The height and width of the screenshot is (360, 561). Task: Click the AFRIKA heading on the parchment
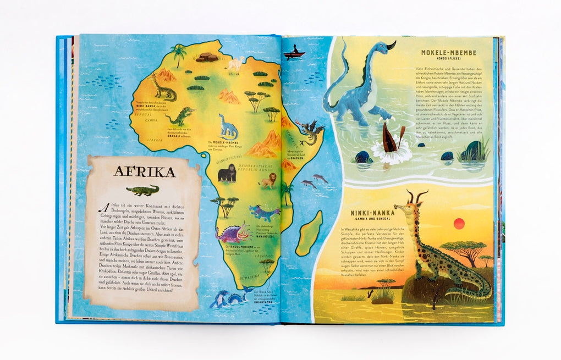[x=144, y=171]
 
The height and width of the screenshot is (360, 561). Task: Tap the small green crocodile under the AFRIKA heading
[x=142, y=190]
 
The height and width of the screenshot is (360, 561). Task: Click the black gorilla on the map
[x=227, y=174]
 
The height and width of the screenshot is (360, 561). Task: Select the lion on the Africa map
[x=268, y=180]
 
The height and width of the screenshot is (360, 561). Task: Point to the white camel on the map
[x=235, y=65]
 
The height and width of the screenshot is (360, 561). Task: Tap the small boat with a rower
[x=295, y=53]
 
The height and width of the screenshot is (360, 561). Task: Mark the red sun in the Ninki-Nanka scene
[x=459, y=223]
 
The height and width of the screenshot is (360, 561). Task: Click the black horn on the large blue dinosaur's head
[x=391, y=46]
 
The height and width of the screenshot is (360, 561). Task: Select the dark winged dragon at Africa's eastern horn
[x=309, y=132]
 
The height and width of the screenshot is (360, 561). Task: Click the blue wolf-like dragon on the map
[x=263, y=212]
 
